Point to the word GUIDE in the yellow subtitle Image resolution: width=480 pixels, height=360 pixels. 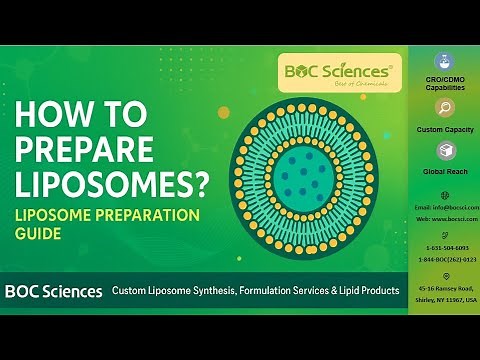click(x=39, y=234)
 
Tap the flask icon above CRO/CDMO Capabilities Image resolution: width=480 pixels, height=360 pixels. click(x=444, y=61)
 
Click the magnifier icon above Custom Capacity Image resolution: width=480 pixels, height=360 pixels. click(x=444, y=108)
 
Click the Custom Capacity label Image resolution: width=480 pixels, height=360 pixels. click(x=444, y=129)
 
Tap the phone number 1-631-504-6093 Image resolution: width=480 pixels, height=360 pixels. click(x=444, y=246)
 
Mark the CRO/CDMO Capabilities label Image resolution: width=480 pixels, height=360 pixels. click(x=444, y=83)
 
